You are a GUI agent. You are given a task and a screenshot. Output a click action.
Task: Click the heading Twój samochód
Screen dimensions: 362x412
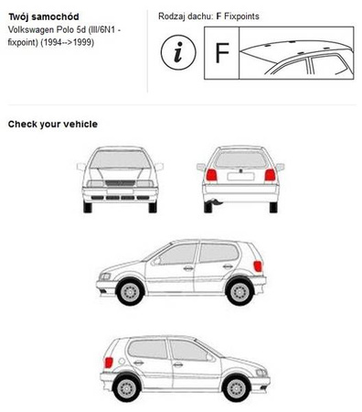pos(44,16)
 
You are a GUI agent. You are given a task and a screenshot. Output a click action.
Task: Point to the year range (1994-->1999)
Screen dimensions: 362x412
pos(67,42)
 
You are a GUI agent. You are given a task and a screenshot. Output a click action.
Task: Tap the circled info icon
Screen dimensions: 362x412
pos(178,52)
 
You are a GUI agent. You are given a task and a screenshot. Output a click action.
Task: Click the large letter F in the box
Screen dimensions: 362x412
pos(222,53)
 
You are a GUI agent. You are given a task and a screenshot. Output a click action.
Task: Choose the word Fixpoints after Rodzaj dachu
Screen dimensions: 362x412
pos(241,16)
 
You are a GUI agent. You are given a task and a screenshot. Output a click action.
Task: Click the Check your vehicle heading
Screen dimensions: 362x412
pos(53,125)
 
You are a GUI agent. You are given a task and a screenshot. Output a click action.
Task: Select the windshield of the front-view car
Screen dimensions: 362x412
pos(120,159)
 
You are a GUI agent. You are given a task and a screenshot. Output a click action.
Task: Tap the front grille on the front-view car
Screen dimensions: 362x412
pos(120,183)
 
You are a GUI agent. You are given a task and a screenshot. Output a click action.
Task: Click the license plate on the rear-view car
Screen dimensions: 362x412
pos(240,176)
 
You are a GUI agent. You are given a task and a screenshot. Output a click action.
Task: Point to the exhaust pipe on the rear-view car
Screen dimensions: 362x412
pos(214,201)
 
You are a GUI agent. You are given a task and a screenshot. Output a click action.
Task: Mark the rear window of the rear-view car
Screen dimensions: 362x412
pos(240,159)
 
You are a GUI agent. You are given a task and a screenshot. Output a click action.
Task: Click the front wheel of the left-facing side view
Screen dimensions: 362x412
pos(130,291)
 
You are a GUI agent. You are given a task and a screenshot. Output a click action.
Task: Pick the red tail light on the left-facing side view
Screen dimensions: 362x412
pos(258,266)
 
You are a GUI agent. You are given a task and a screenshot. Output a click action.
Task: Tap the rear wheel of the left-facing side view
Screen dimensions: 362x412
pos(240,291)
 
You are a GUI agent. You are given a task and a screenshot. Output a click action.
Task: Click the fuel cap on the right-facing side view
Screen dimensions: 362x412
pos(122,361)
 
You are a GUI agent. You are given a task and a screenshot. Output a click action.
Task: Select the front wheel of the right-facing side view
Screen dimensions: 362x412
pos(236,388)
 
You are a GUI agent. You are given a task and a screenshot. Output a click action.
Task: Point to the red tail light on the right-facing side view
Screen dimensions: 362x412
pos(109,363)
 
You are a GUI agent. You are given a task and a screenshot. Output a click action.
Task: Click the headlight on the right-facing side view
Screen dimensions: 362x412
pos(261,373)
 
